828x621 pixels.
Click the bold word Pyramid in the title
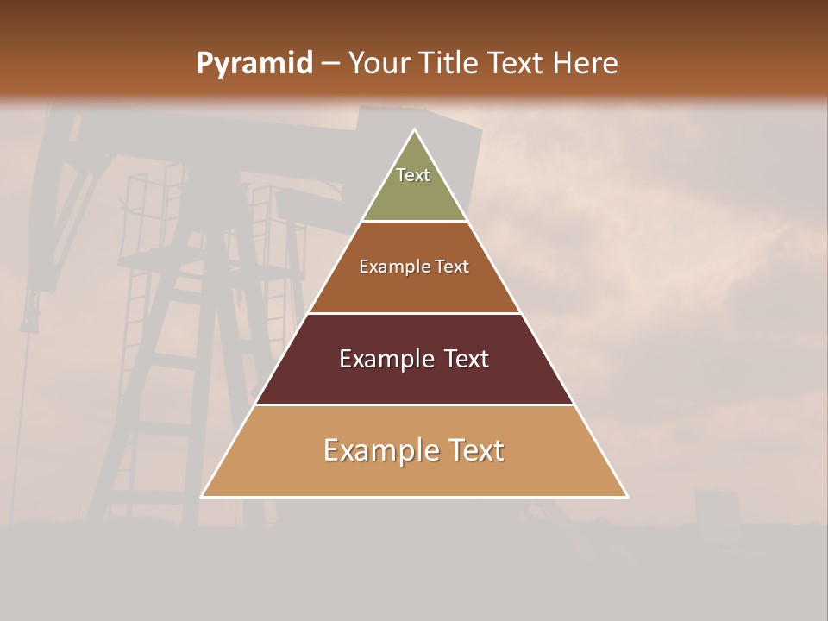click(254, 64)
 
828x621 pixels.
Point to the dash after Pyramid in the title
click(329, 65)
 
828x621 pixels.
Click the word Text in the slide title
click(516, 64)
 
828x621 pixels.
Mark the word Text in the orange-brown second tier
click(452, 267)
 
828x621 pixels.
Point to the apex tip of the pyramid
click(414, 131)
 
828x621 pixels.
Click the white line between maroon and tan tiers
click(414, 405)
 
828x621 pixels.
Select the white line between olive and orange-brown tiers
click(414, 222)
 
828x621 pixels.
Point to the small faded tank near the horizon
click(717, 508)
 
